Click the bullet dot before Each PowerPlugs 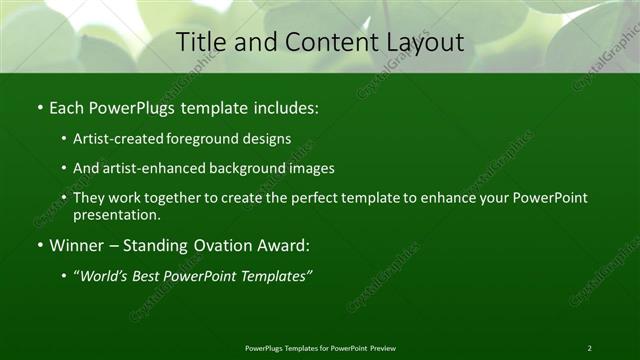[39, 107]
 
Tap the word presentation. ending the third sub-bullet [115, 215]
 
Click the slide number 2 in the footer [590, 347]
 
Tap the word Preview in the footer [383, 347]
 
